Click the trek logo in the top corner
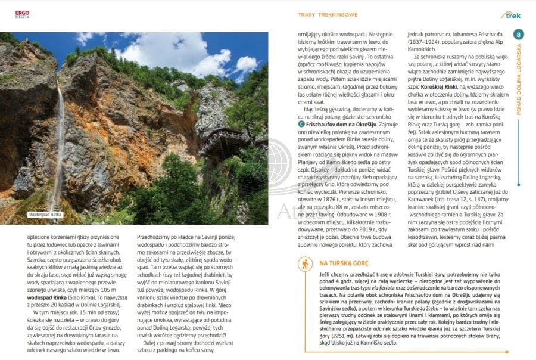click(x=512, y=14)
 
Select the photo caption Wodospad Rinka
click(x=45, y=215)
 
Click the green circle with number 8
click(x=519, y=35)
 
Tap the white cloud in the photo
click(x=161, y=51)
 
